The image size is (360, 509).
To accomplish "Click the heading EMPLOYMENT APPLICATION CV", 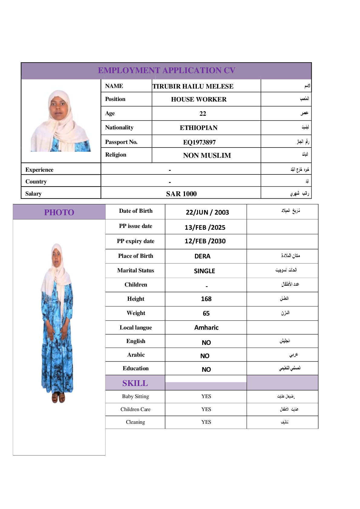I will [166, 70].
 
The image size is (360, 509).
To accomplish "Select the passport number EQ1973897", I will [199, 142].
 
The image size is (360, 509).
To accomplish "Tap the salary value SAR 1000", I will [181, 194].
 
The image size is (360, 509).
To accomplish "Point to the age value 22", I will [203, 114].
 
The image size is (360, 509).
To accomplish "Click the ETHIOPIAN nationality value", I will [199, 128].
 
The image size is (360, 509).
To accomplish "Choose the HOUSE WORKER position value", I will [199, 99].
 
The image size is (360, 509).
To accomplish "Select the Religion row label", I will [115, 155].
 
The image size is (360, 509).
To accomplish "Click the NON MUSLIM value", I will [207, 155].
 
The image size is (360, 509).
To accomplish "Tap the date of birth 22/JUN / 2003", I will [207, 212].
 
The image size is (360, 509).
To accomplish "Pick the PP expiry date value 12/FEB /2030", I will [205, 241].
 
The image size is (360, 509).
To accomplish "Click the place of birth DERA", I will [202, 256].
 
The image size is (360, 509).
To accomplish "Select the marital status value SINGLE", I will [204, 271].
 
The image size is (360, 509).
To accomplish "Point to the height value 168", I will [206, 299].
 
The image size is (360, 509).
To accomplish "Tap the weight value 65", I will [206, 313].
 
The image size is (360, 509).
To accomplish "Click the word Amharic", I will [206, 328].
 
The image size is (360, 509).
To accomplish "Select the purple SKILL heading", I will [135, 383].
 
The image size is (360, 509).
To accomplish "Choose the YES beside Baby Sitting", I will [206, 396].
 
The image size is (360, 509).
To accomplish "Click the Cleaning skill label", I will [135, 422].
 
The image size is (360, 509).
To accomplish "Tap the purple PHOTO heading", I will [59, 212].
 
